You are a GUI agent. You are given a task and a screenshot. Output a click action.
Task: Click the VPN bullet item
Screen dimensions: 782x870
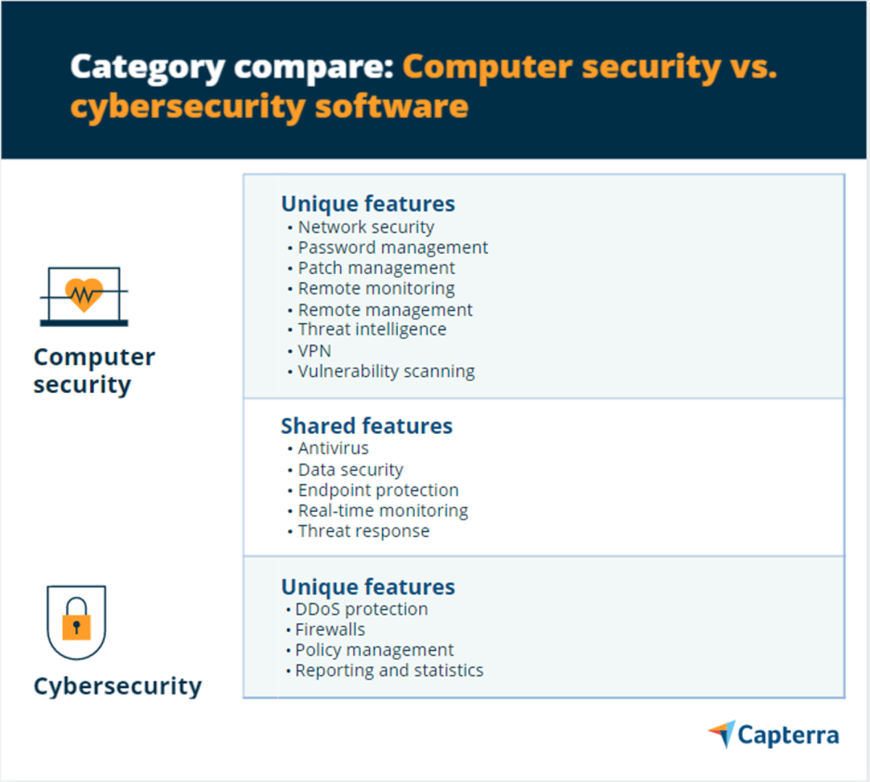[315, 351]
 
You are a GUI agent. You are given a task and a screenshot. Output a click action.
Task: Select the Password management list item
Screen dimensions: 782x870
[392, 248]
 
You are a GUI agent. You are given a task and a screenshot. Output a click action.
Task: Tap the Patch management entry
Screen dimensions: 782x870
[376, 268]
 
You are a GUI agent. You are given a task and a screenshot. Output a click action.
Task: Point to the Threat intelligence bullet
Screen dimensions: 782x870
[372, 330]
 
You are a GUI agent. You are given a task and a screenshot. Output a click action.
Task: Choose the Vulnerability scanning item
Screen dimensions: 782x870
[386, 372]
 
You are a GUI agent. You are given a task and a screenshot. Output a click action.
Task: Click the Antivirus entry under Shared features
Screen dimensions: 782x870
[333, 449]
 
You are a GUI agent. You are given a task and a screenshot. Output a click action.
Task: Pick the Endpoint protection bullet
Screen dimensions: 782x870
[378, 491]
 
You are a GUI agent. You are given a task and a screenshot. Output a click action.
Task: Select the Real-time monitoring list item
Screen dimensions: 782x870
[383, 511]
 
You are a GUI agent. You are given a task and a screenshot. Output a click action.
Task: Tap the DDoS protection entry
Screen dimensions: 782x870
[361, 610]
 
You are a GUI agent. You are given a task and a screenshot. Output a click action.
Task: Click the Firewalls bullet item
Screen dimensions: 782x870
[330, 630]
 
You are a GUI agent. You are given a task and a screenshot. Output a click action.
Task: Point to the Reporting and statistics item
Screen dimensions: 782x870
[389, 670]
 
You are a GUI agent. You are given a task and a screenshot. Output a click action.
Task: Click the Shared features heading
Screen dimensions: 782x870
[366, 426]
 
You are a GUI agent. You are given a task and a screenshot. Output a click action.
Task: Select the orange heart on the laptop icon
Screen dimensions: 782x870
[84, 294]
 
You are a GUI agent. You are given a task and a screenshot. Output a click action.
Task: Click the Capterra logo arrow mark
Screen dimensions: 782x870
[723, 733]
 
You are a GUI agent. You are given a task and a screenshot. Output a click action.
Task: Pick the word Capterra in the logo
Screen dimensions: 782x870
[788, 736]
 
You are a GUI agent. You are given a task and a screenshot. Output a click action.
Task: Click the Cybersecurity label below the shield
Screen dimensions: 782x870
[117, 686]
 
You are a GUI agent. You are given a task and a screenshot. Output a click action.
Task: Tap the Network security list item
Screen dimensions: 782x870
[365, 228]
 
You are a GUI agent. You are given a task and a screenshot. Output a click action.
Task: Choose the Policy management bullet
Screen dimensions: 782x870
[374, 650]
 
